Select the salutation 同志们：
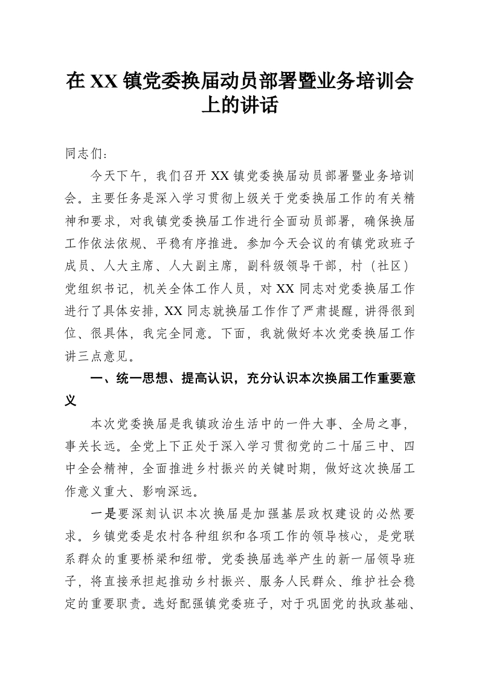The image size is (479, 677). click(86, 153)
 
